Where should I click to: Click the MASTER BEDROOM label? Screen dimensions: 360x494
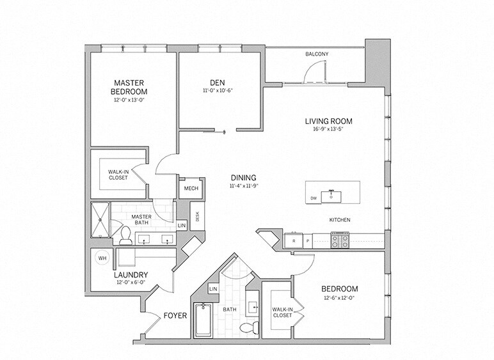pyautogui.click(x=131, y=87)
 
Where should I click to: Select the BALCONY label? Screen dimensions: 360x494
pyautogui.click(x=317, y=54)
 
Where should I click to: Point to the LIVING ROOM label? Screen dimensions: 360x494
pyautogui.click(x=328, y=121)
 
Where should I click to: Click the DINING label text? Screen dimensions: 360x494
pyautogui.click(x=243, y=178)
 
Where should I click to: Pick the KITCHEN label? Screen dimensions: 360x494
pyautogui.click(x=340, y=220)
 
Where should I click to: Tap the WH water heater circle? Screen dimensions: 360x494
pyautogui.click(x=101, y=258)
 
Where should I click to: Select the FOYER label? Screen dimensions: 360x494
pyautogui.click(x=174, y=315)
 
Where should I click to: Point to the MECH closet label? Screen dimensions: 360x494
pyautogui.click(x=191, y=188)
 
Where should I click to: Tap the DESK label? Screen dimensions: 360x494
pyautogui.click(x=198, y=216)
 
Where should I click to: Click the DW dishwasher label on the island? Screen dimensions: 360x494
pyautogui.click(x=313, y=198)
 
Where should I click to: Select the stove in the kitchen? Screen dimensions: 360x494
pyautogui.click(x=339, y=241)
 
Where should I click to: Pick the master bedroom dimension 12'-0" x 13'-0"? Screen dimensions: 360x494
pyautogui.click(x=131, y=100)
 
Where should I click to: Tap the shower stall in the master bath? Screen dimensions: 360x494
pyautogui.click(x=100, y=220)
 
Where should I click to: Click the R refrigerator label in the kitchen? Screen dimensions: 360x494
pyautogui.click(x=293, y=242)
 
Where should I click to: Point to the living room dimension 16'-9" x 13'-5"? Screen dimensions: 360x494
pyautogui.click(x=328, y=129)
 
